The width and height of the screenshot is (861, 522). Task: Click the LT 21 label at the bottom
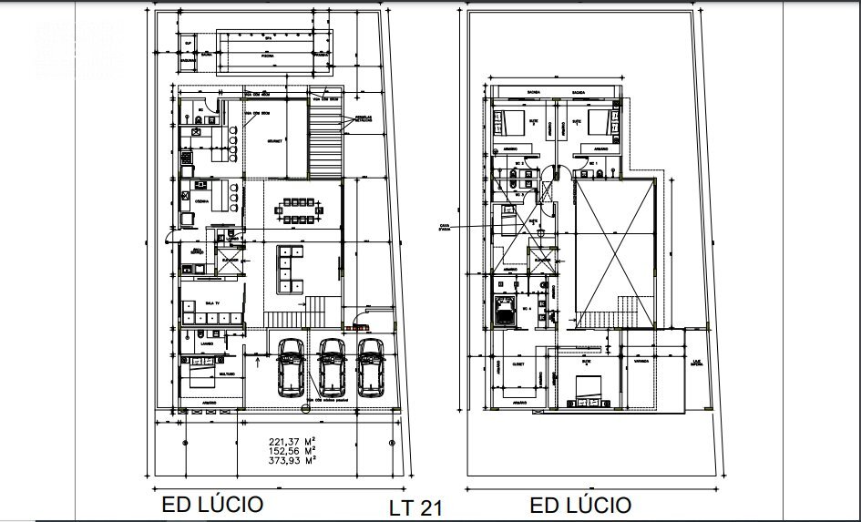coord(415,507)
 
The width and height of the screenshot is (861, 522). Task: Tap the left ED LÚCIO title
coord(213,504)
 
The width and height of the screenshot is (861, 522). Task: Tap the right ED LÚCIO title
coord(580,504)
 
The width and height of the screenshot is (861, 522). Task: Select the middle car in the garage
coord(331,366)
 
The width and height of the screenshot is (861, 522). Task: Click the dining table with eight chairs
coord(298,210)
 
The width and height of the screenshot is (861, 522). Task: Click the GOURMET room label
coord(275,141)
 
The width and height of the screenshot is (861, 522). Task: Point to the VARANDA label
coord(641,361)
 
